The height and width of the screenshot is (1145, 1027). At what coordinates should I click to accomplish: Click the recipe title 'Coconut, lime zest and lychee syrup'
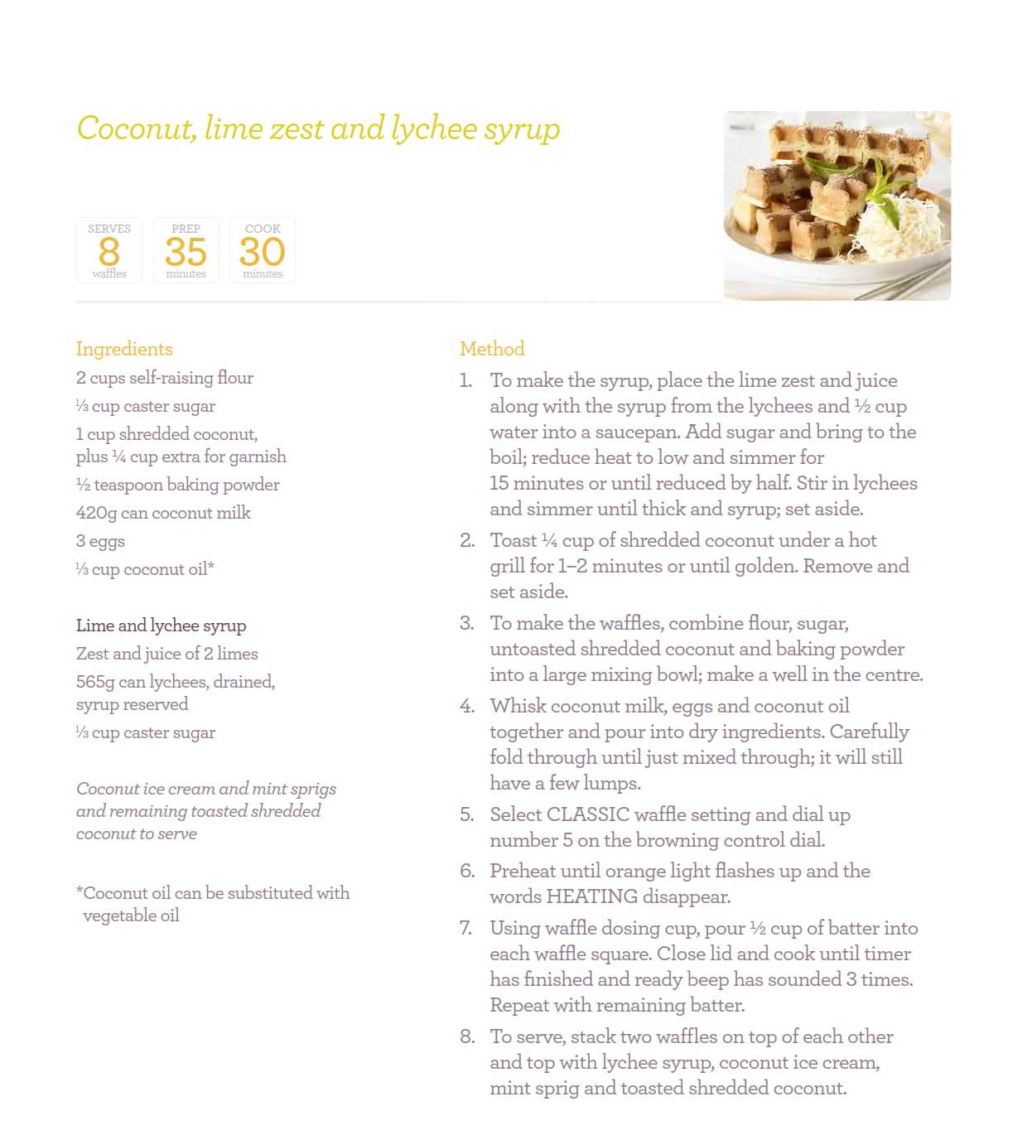(318, 129)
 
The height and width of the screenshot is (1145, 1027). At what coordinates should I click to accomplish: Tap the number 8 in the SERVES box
(108, 252)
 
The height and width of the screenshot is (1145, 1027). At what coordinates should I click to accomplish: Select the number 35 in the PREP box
(186, 252)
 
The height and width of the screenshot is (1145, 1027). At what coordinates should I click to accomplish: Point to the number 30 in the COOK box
(262, 252)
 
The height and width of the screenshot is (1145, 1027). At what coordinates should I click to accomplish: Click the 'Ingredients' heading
(124, 349)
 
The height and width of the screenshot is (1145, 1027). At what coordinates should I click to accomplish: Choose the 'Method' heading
(492, 349)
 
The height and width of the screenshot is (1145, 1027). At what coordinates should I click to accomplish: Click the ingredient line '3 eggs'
(100, 541)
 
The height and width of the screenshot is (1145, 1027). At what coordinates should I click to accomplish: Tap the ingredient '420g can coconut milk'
(163, 513)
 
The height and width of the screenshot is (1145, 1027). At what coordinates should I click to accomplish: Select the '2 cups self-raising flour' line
(165, 378)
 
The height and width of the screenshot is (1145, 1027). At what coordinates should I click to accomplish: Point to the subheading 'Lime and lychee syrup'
(161, 626)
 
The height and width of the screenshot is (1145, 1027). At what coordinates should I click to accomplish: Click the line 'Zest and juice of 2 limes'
(166, 654)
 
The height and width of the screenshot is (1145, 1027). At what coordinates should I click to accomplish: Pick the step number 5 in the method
(467, 814)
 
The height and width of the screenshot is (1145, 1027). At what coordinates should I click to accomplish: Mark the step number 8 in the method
(467, 1036)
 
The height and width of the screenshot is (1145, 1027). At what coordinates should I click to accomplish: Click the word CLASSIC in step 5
(588, 814)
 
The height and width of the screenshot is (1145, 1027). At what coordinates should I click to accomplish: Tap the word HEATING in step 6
(591, 896)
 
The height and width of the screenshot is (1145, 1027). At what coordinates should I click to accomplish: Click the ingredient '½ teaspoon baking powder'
(177, 485)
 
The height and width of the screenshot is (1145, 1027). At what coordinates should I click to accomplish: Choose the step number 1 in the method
(465, 380)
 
